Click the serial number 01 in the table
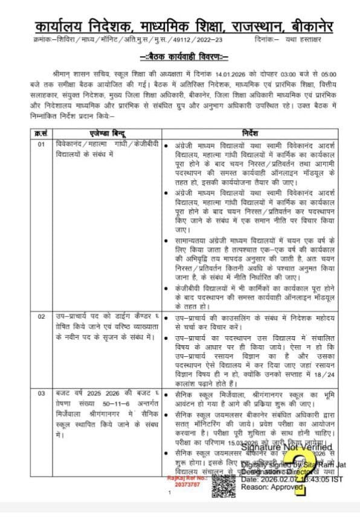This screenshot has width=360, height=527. click(40, 145)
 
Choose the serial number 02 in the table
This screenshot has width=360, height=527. click(40, 316)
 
